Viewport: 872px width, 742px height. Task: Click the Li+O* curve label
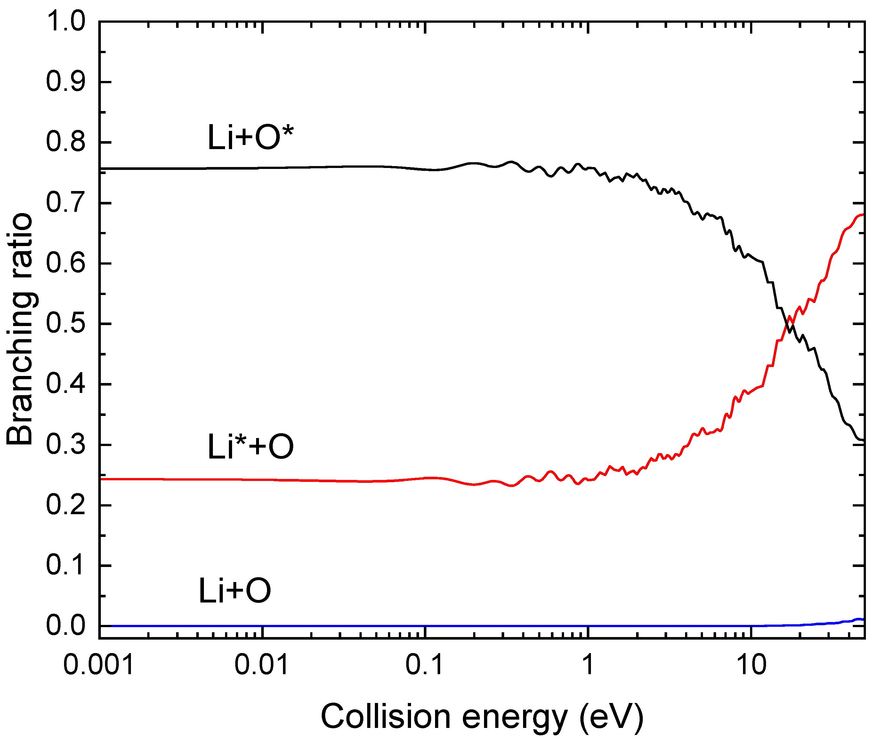251,138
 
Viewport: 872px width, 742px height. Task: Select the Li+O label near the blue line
235,591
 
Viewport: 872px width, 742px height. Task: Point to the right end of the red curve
863,214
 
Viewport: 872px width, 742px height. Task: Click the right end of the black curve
863,440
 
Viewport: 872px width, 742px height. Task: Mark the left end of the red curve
101,479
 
